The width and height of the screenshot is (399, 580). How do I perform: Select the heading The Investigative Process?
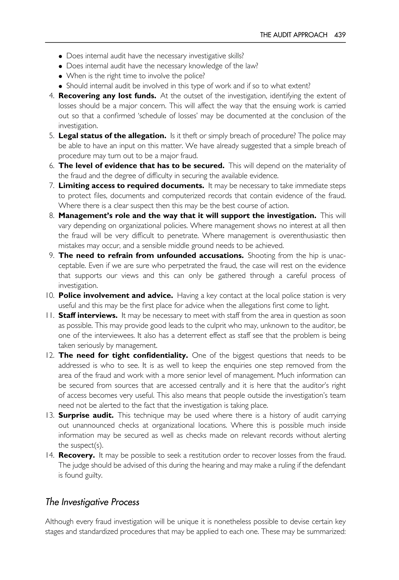click(x=92, y=502)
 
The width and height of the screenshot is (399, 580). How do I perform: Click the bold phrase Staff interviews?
click(x=88, y=315)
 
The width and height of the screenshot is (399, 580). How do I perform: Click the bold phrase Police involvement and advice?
click(x=116, y=295)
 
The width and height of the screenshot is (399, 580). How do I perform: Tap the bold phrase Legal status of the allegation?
click(x=112, y=136)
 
